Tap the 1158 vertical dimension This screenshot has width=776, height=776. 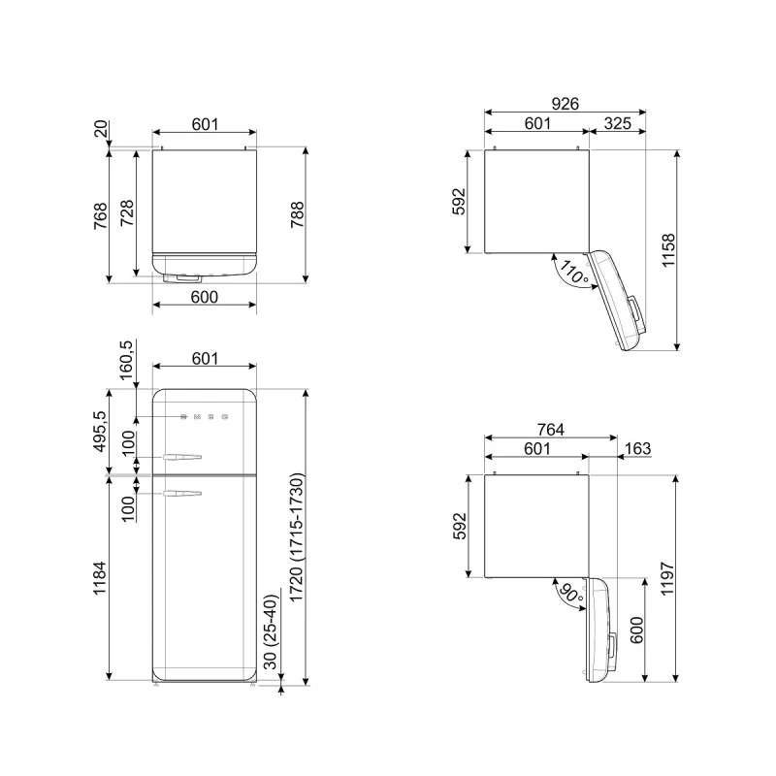pyautogui.click(x=694, y=249)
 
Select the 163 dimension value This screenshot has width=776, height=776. pyautogui.click(x=637, y=448)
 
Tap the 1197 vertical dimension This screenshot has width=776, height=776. pyautogui.click(x=694, y=579)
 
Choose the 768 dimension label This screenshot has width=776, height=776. pyautogui.click(x=100, y=215)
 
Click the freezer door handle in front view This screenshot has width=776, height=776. pyautogui.click(x=182, y=456)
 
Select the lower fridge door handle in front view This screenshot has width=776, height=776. pyautogui.click(x=182, y=495)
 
